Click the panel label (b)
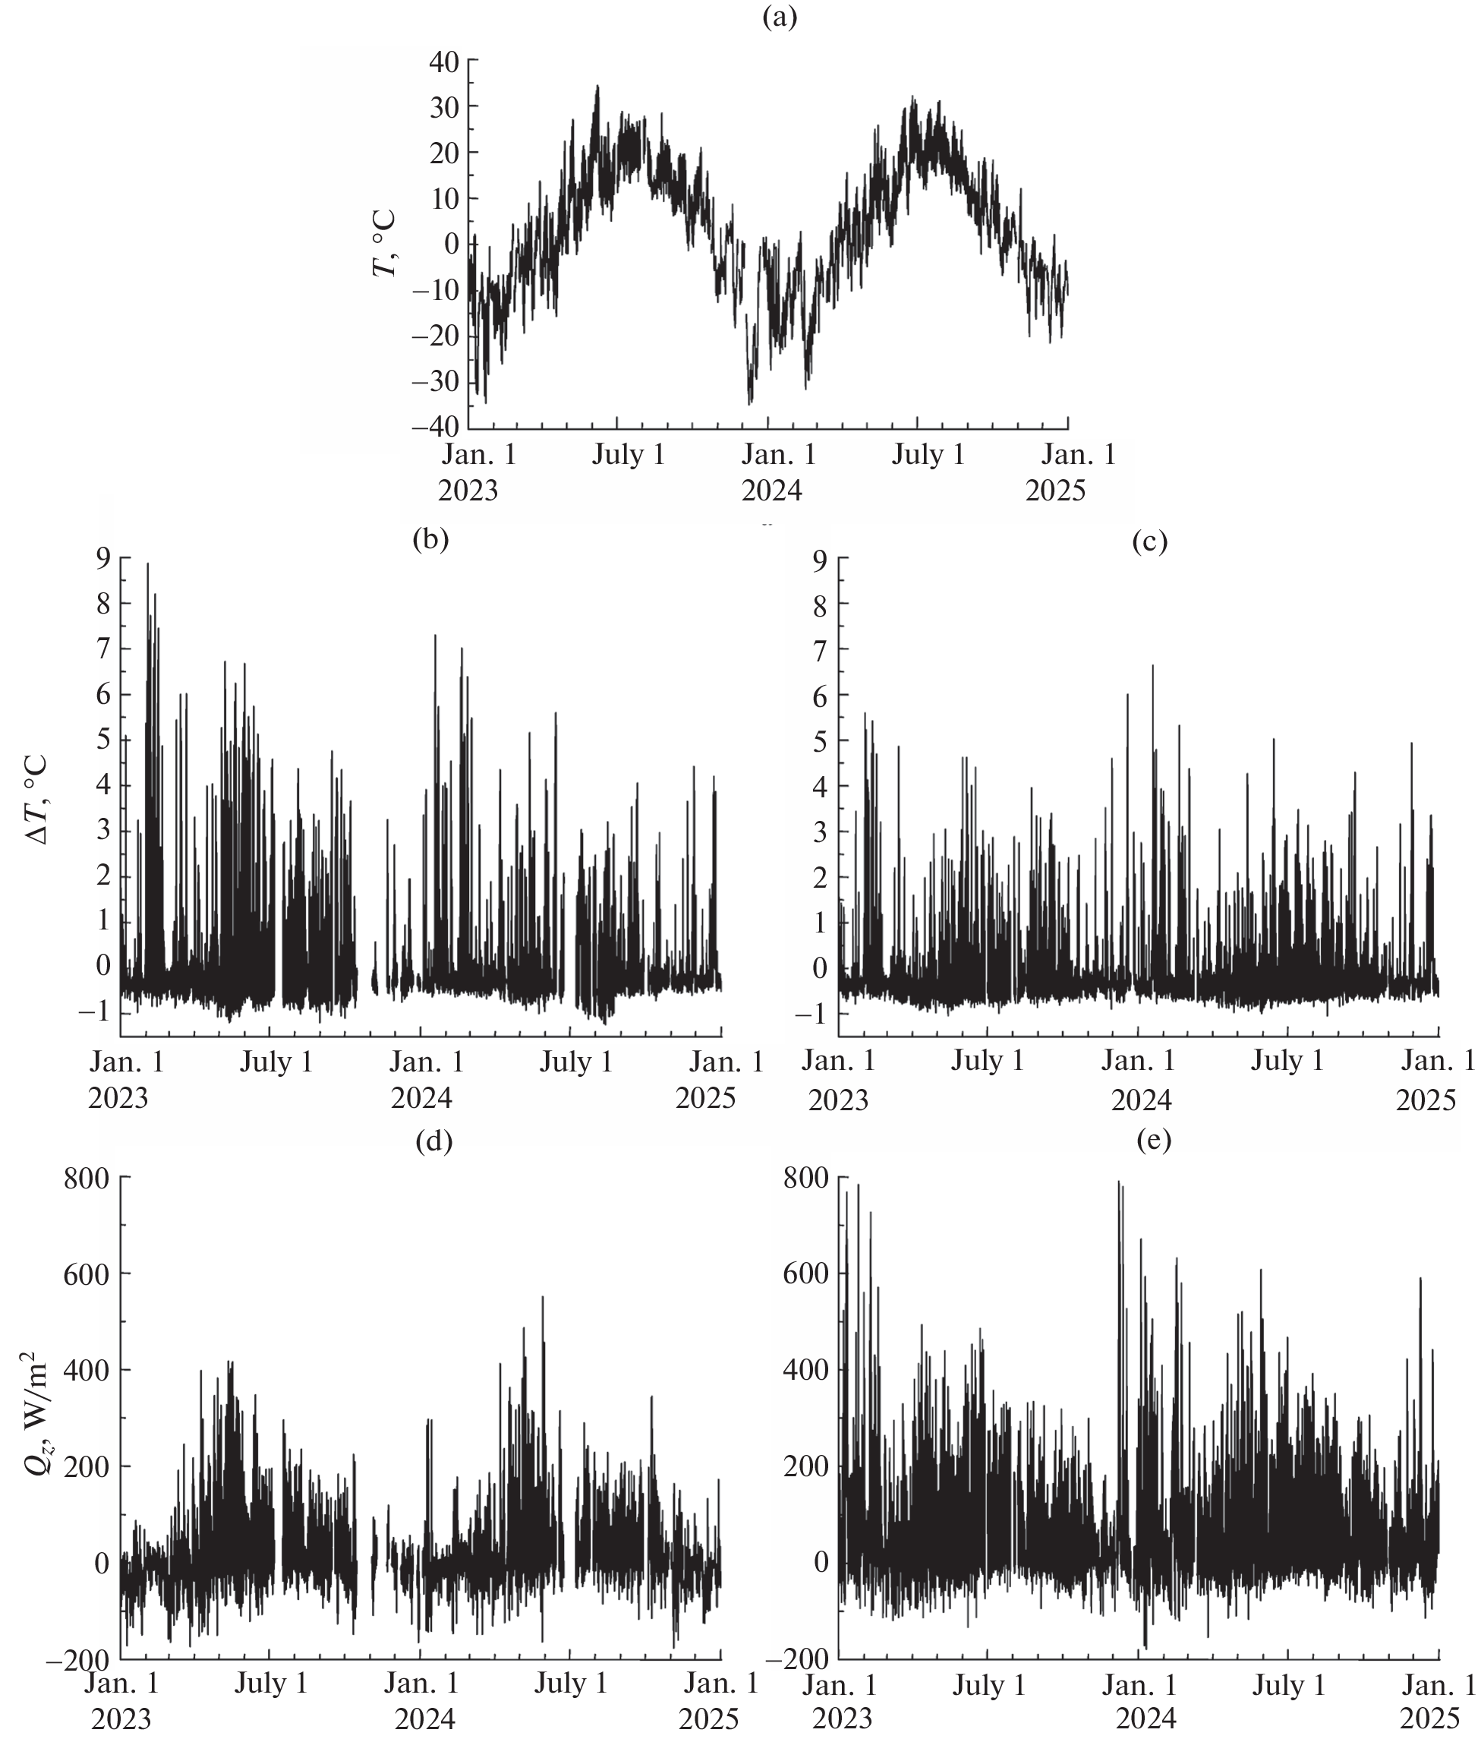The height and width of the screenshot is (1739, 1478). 430,539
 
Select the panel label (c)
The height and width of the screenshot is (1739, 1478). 1149,542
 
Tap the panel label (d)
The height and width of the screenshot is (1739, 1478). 434,1141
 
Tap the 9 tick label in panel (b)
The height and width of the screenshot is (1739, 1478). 103,557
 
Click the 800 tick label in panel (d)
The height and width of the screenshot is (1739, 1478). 87,1179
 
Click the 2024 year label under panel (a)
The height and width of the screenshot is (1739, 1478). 772,491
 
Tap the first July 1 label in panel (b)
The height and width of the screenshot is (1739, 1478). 276,1062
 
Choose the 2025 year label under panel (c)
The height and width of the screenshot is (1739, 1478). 1425,1100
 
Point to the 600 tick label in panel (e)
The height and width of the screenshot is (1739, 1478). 806,1273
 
